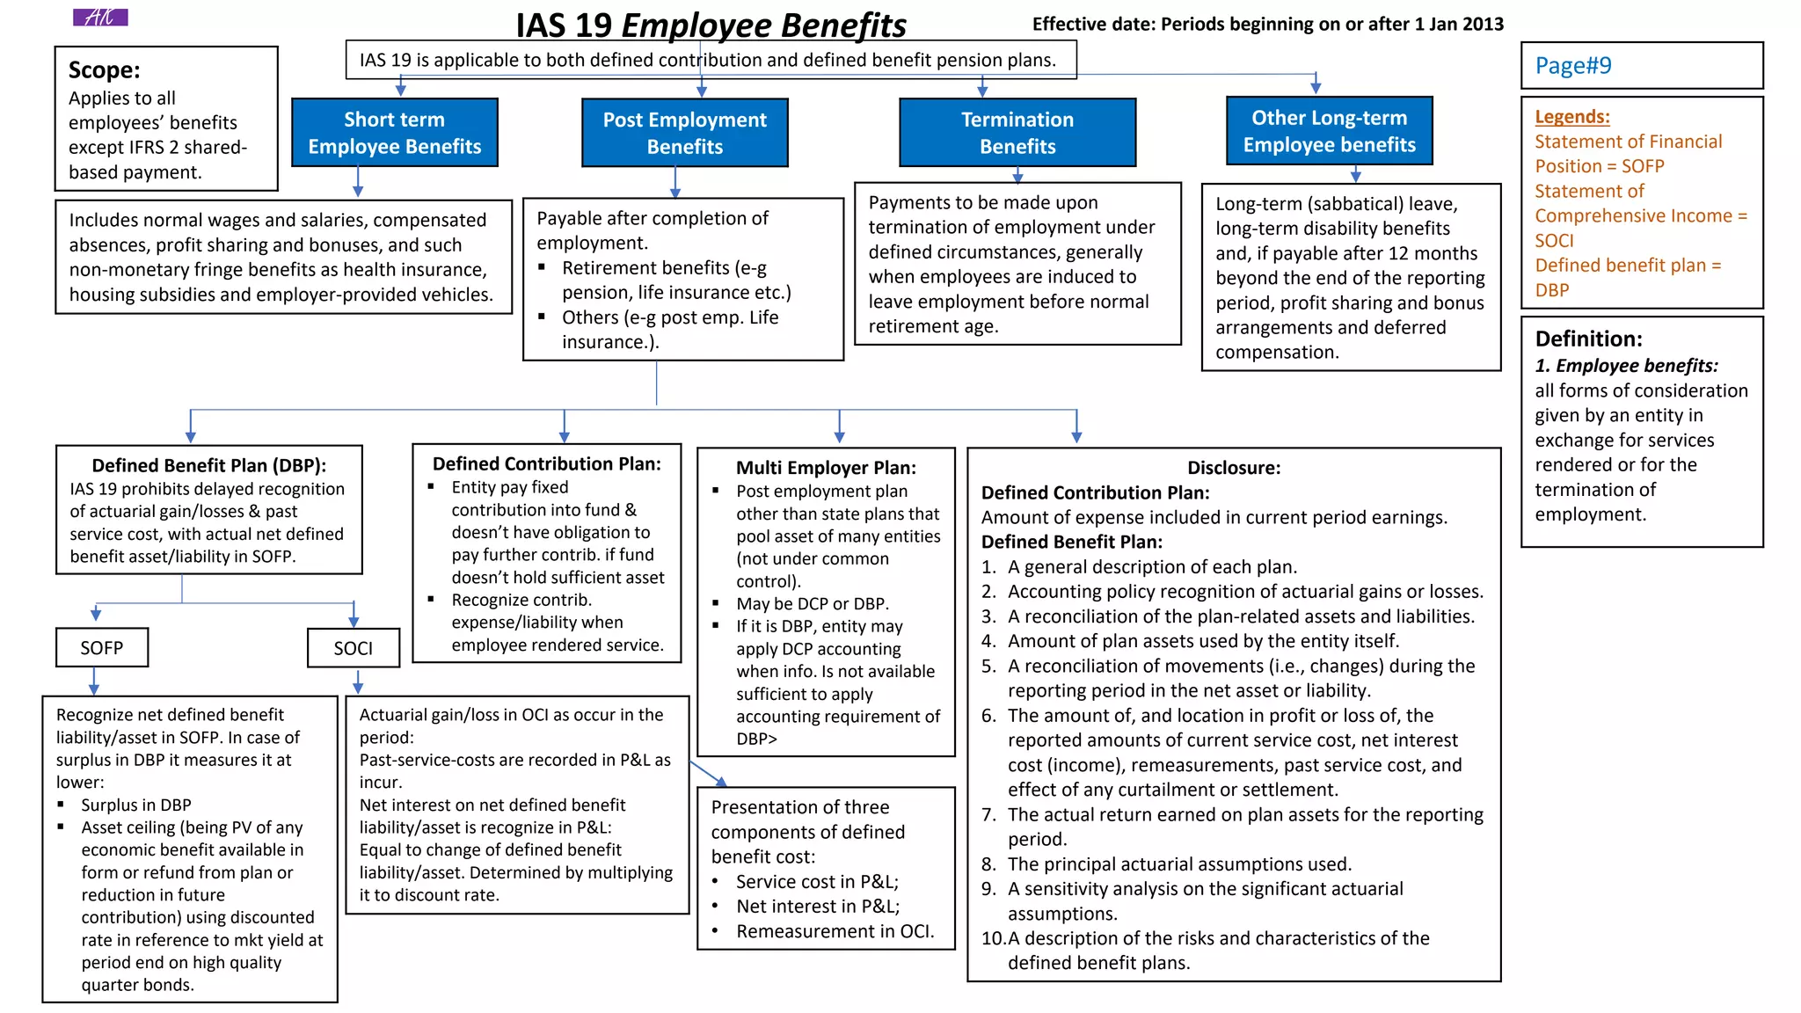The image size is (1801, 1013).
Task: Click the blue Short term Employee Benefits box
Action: [x=394, y=133]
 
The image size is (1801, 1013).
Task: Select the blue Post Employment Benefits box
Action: [x=684, y=133]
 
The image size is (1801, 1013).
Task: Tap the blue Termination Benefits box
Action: [x=1017, y=133]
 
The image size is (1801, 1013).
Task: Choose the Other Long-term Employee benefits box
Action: [x=1329, y=131]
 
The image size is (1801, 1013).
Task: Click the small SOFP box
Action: [x=102, y=648]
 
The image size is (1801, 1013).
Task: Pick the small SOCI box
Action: [x=354, y=648]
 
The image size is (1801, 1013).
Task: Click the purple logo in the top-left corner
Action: [x=100, y=17]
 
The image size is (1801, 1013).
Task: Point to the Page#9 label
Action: [x=1573, y=66]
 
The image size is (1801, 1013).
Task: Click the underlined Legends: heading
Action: [x=1572, y=116]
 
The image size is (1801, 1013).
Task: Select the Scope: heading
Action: [x=105, y=70]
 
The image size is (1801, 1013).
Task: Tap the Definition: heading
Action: [x=1588, y=339]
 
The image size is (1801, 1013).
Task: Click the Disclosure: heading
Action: [x=1234, y=468]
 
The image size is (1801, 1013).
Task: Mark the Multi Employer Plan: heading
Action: [x=826, y=468]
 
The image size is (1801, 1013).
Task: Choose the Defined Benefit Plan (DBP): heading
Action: [x=209, y=465]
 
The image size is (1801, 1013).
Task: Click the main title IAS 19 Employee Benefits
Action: [x=711, y=26]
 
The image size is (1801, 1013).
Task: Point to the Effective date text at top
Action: [x=1267, y=24]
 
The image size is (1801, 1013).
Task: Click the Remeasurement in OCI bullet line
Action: [x=835, y=931]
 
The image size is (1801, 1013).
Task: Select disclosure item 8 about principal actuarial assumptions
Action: [x=1178, y=864]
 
